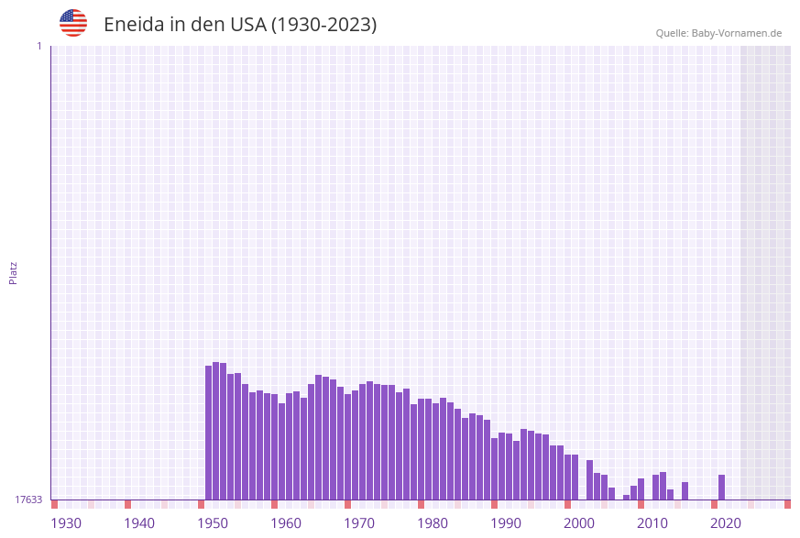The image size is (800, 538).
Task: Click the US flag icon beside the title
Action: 73,23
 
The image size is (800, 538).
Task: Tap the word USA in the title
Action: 247,25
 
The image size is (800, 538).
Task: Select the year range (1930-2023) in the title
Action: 323,25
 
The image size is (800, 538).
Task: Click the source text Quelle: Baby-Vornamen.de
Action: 718,33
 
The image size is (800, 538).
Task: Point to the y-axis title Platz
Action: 14,272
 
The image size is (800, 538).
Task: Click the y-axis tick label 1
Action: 38,46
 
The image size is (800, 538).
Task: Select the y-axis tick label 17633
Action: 28,500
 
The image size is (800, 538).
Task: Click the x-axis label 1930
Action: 66,523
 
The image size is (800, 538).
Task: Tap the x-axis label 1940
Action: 139,523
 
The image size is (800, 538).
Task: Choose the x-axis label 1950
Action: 213,523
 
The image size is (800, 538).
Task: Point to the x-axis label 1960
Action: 286,523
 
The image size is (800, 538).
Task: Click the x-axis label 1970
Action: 359,523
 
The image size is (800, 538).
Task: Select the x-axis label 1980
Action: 433,523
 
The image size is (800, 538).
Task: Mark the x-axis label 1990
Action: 506,523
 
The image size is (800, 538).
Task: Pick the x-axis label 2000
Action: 579,523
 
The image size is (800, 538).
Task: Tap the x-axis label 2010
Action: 652,523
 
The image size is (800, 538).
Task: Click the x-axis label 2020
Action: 726,523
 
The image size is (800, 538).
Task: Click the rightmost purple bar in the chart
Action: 722,488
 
